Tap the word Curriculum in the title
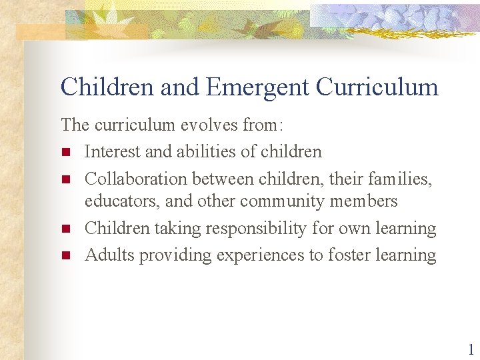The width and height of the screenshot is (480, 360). pyautogui.click(x=377, y=87)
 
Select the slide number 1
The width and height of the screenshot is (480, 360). pyautogui.click(x=471, y=349)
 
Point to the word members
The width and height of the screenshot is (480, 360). pyautogui.click(x=364, y=201)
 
